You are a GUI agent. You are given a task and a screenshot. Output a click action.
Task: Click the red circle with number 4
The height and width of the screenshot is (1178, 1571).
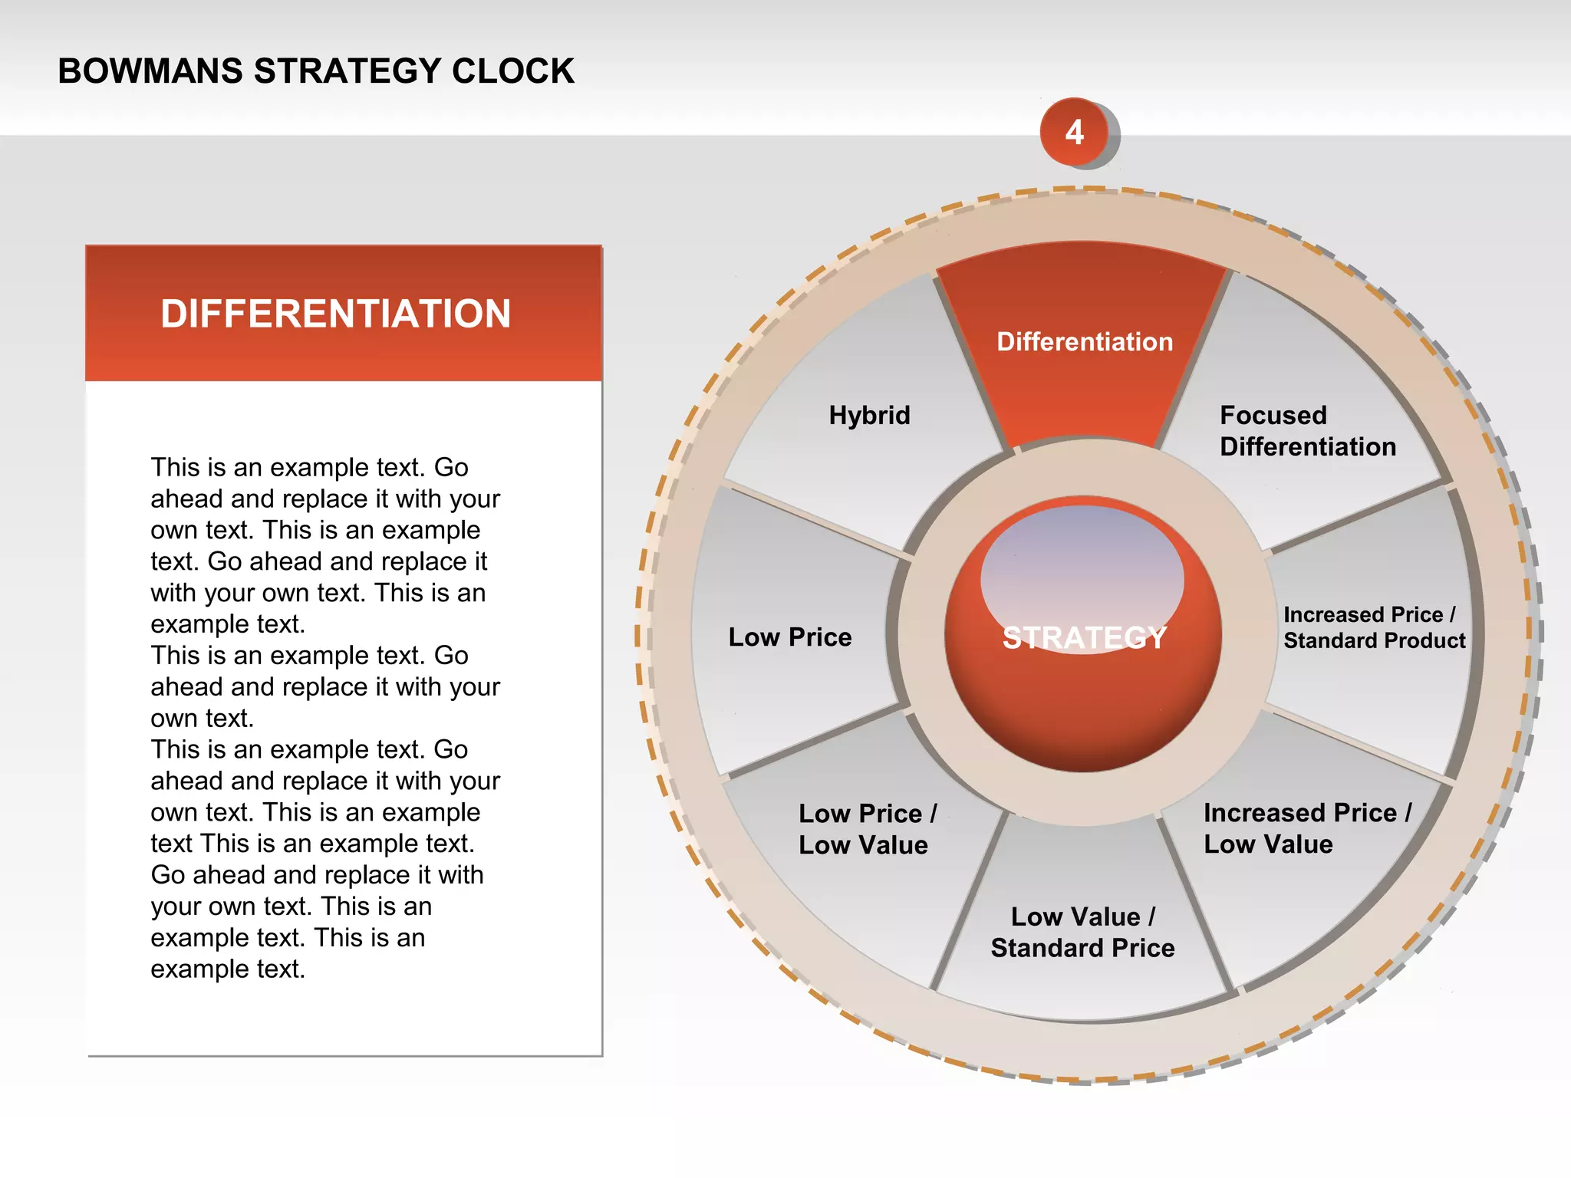[x=1074, y=132]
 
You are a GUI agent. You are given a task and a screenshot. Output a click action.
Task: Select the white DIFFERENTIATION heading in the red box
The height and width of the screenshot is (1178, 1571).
[x=335, y=314]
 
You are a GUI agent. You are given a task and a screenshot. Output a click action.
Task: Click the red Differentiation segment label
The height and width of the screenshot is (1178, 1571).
[x=1084, y=341]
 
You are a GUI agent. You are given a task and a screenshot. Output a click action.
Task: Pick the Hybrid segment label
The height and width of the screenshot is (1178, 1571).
[x=869, y=415]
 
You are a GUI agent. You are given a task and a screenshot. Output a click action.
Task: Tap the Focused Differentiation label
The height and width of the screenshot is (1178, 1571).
[x=1307, y=431]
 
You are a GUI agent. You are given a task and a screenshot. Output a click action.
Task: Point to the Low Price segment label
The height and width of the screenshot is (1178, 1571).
[x=789, y=637]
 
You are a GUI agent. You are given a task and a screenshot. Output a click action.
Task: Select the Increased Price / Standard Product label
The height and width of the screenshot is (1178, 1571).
[x=1373, y=627]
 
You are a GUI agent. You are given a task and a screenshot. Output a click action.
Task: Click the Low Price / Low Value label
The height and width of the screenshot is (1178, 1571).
[x=867, y=829]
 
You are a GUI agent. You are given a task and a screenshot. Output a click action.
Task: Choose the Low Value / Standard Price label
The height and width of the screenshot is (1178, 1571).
[x=1082, y=933]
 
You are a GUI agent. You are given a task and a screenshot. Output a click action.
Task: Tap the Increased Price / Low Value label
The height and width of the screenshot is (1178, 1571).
[x=1306, y=828]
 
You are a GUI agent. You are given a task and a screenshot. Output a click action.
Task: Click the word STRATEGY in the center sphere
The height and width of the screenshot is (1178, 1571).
[x=1084, y=638]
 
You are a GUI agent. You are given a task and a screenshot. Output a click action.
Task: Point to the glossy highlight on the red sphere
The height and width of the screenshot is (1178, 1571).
[x=1082, y=568]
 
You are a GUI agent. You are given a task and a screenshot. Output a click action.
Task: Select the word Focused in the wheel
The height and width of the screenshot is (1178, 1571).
[x=1273, y=415]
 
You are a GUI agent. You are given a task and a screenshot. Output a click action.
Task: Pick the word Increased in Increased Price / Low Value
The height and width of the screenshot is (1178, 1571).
[x=1262, y=812]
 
